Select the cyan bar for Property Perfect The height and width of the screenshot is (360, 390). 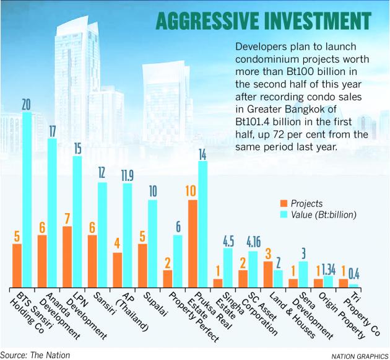point(178,261)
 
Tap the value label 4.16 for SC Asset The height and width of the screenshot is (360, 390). point(253,240)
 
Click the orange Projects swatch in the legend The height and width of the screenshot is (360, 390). point(284,203)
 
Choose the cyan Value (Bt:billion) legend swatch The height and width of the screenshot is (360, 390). point(284,215)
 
